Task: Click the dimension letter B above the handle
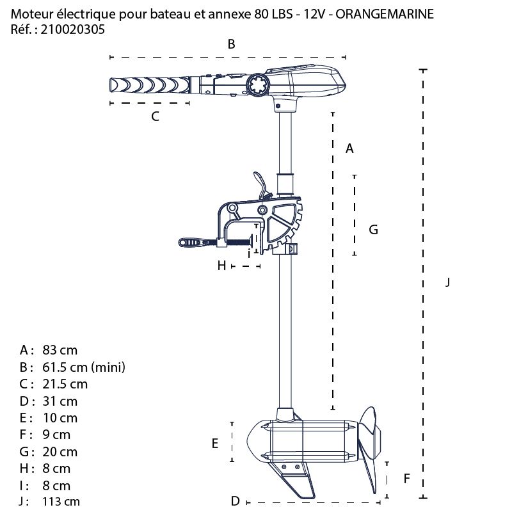tap(232, 44)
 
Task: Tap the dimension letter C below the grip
tap(155, 116)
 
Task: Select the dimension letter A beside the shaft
tap(349, 148)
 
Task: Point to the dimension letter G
tap(374, 229)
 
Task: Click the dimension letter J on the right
tap(448, 282)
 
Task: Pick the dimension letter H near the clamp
tap(221, 265)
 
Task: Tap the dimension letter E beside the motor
tap(215, 443)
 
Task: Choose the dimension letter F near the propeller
tap(406, 478)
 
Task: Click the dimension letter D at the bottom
tap(235, 500)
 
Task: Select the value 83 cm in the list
tap(60, 350)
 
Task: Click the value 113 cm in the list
tap(61, 502)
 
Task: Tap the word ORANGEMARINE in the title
tap(387, 14)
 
